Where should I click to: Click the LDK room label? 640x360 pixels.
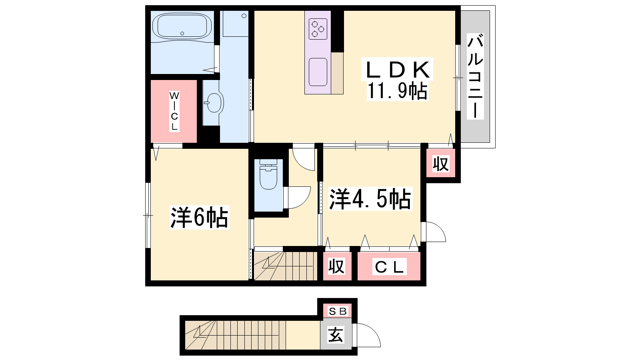397,70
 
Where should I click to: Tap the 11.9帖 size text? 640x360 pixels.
397,91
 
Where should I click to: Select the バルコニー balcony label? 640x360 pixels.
475,76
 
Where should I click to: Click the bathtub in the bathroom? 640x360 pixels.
182,26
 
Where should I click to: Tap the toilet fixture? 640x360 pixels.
268,174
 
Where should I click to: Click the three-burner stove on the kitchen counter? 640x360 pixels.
318,29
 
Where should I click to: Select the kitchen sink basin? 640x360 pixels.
318,72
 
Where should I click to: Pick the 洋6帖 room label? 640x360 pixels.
200,217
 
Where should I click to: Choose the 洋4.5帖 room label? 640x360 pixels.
370,199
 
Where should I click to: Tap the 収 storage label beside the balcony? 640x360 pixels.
440,164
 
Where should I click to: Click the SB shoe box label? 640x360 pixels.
338,311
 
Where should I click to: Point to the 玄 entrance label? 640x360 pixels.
336,335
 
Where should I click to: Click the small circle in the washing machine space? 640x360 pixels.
244,16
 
